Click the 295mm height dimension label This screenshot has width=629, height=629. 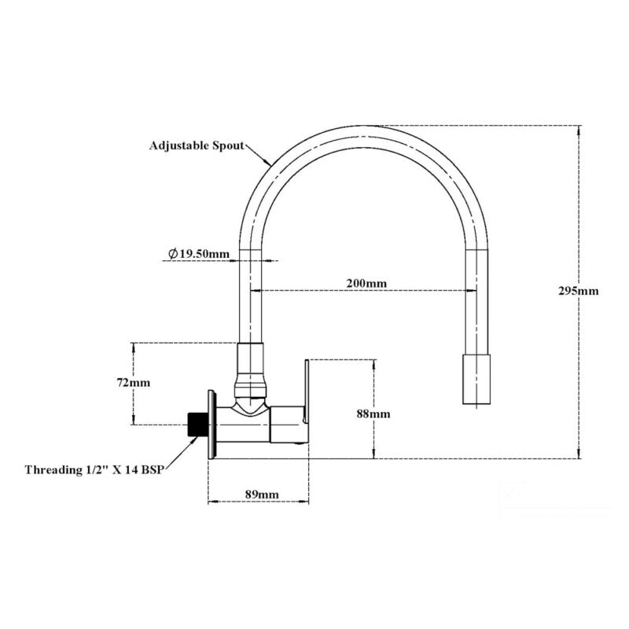coord(579,290)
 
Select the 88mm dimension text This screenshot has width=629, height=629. coord(373,414)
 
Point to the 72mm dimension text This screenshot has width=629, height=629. coord(133,383)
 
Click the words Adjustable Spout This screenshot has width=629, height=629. coord(196,145)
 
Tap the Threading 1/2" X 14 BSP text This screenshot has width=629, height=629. coord(99,470)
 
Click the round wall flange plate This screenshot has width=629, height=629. coord(212,425)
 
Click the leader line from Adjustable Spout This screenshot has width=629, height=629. coord(259,153)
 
